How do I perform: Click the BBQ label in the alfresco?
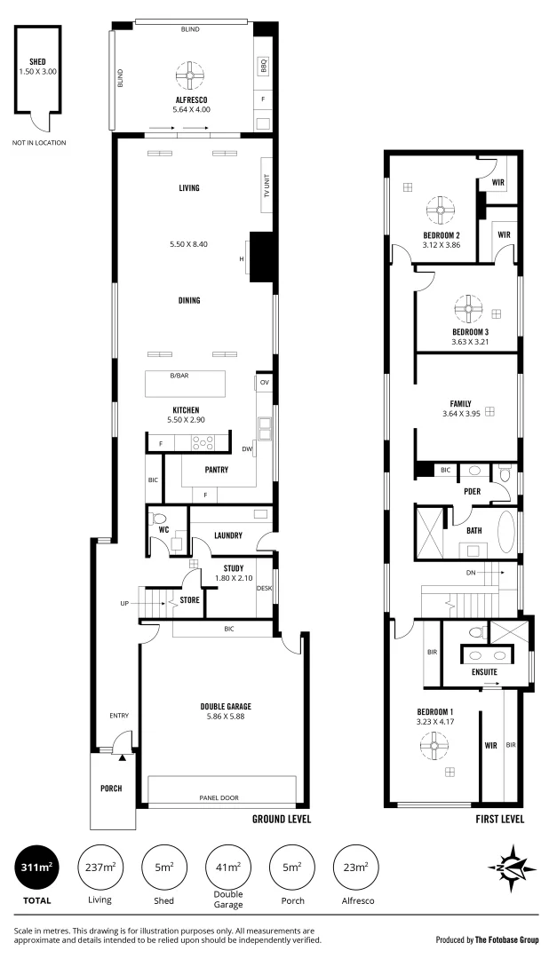[x=263, y=66]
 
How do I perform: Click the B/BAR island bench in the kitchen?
[x=185, y=384]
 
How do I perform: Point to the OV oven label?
[x=264, y=383]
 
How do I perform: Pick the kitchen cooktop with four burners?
[x=202, y=442]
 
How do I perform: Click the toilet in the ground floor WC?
[x=159, y=518]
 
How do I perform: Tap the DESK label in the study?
[x=264, y=588]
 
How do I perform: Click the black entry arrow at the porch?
[x=123, y=758]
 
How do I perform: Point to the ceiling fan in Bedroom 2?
[x=441, y=210]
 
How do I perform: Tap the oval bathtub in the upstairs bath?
[x=507, y=531]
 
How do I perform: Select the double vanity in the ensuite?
[x=488, y=654]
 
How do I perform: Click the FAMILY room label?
[x=460, y=403]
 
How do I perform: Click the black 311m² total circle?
[x=37, y=867]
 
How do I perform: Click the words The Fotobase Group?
[x=500, y=939]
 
